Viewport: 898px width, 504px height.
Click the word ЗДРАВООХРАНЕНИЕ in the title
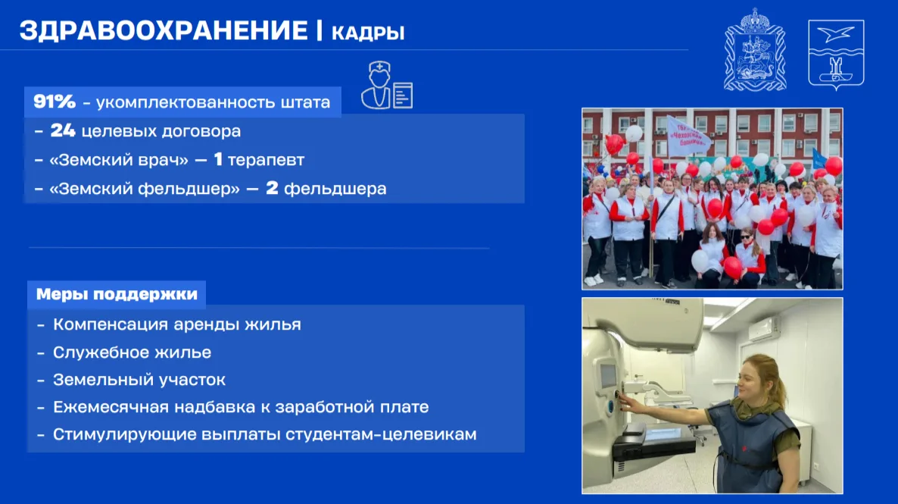click(x=164, y=30)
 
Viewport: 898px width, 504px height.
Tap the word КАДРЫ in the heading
click(x=368, y=33)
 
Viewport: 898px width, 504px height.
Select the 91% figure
click(x=55, y=102)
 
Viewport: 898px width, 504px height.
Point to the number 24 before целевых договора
click(x=62, y=130)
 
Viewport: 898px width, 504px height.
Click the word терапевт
click(x=267, y=160)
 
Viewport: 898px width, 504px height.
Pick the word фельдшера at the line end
click(x=335, y=189)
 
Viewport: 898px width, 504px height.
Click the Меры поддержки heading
click(x=117, y=294)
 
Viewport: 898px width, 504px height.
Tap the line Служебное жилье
click(x=133, y=352)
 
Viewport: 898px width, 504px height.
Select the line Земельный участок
click(x=139, y=380)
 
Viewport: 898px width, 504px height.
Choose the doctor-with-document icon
click(x=387, y=86)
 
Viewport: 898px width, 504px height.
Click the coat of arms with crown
click(x=755, y=50)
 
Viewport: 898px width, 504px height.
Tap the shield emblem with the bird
click(x=836, y=55)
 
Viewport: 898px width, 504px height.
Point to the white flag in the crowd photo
click(x=687, y=136)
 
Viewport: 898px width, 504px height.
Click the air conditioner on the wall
click(x=764, y=328)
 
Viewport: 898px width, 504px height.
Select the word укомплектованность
click(x=186, y=102)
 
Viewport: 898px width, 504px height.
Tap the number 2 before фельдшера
click(x=272, y=188)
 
